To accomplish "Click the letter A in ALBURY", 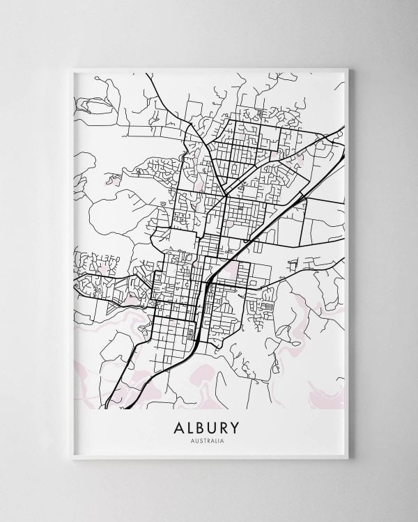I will (x=172, y=427).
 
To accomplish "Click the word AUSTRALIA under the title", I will (x=210, y=440).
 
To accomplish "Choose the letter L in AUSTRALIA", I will (x=219, y=440).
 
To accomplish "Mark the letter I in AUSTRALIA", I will (x=222, y=440).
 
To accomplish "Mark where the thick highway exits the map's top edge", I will (x=144, y=73).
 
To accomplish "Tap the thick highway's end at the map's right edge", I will (x=343, y=126).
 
